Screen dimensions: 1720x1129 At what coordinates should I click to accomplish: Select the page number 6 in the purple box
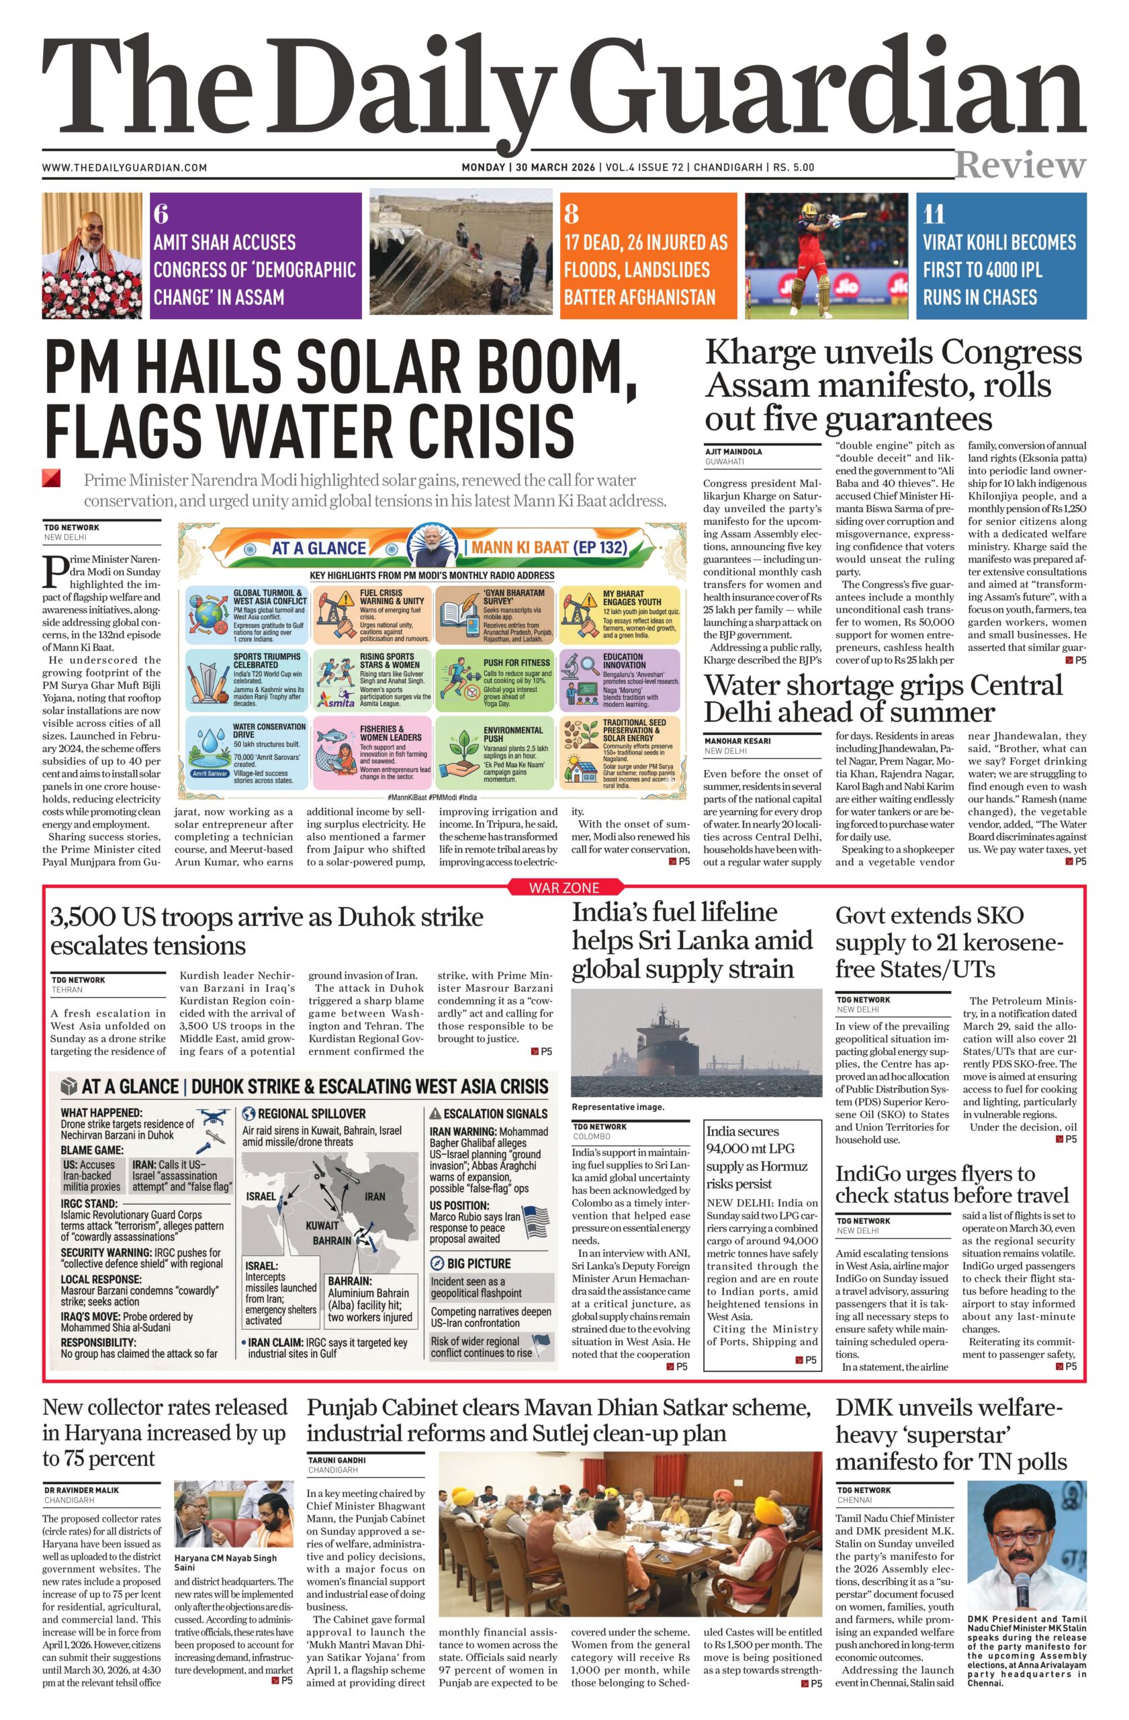(161, 214)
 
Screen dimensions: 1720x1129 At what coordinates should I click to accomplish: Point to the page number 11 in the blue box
(934, 214)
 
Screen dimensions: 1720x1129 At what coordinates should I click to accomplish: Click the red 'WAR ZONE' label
(564, 888)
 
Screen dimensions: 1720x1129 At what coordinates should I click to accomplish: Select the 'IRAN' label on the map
(374, 1196)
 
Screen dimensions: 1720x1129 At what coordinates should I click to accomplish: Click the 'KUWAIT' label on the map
(322, 1225)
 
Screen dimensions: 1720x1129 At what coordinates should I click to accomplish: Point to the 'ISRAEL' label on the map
(261, 1196)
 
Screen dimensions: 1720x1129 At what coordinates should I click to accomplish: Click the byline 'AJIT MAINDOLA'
(733, 451)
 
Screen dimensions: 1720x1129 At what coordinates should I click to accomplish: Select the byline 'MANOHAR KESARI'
(737, 741)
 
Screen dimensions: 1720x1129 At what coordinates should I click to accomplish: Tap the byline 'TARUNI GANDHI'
(336, 1460)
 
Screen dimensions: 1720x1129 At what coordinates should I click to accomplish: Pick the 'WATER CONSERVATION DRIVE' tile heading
(269, 730)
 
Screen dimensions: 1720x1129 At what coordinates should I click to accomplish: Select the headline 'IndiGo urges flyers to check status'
(951, 1185)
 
